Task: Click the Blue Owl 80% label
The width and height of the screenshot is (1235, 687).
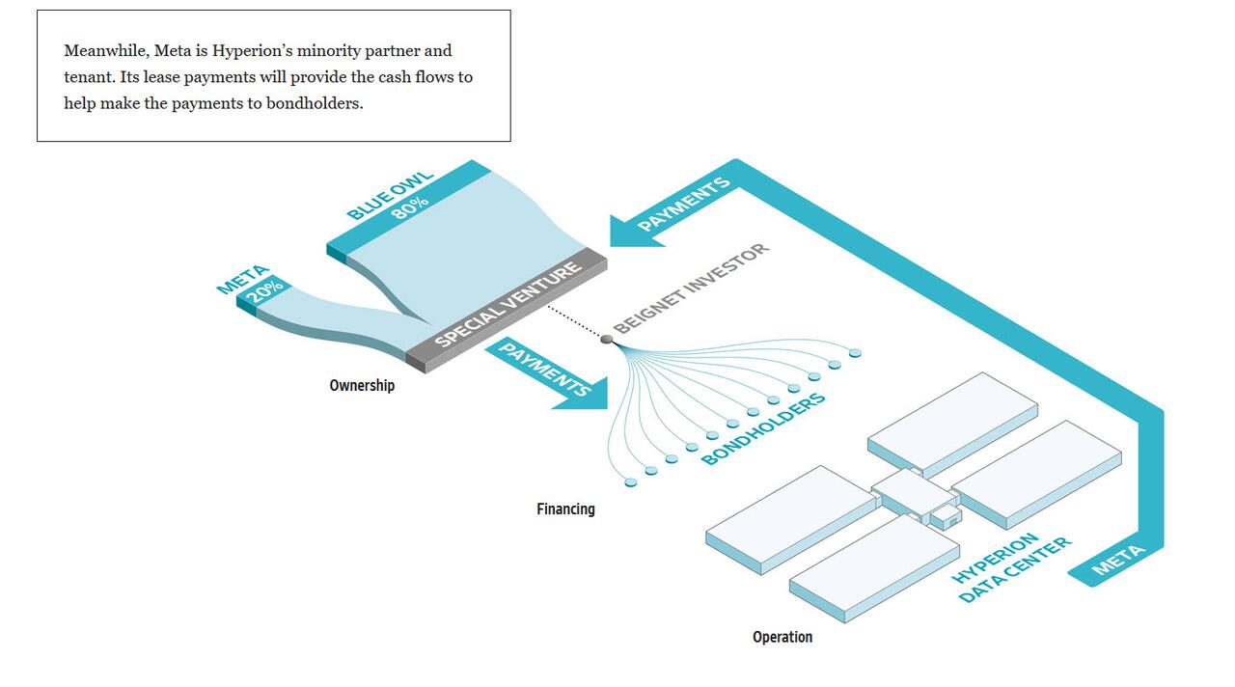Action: pos(391,197)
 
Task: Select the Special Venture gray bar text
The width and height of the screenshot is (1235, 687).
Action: pos(508,304)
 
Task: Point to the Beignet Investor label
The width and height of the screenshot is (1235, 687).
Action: pos(691,289)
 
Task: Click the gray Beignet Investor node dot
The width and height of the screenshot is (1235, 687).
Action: pos(607,339)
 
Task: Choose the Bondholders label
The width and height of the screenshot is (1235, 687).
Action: pos(763,428)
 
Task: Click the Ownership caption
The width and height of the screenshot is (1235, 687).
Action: pos(362,385)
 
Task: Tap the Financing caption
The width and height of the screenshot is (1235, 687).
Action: pos(565,508)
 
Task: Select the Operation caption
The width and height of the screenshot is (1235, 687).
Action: pos(782,637)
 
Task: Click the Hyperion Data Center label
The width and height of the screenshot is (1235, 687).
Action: pos(1012,567)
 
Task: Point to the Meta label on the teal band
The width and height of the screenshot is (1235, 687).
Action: pos(1118,559)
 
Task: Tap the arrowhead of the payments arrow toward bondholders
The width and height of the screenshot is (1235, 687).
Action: pos(585,396)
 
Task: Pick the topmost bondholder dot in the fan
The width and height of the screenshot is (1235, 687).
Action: pos(855,353)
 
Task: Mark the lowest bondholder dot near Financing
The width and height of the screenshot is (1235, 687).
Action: pos(631,483)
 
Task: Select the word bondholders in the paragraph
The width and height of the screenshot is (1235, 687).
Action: pos(314,103)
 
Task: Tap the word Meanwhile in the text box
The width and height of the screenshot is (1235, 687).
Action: pos(106,51)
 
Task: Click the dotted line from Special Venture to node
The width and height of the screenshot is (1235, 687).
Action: pos(574,322)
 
